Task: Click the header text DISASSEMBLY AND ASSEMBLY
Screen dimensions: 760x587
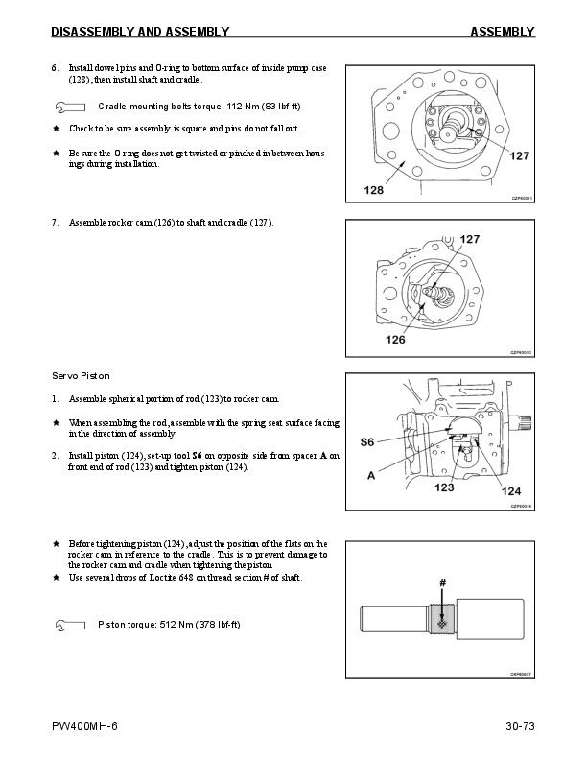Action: (140, 32)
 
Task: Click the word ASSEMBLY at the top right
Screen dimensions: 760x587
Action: (502, 32)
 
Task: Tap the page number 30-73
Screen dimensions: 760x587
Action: (519, 726)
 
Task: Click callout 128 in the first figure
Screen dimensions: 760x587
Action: (372, 189)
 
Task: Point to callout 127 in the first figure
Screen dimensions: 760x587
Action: (519, 155)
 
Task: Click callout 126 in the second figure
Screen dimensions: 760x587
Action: (395, 339)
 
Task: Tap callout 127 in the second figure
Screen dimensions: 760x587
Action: (470, 238)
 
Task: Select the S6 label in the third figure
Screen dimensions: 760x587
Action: (366, 442)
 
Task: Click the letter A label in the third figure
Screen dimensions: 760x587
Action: (370, 475)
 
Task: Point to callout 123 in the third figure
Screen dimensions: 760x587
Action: (443, 487)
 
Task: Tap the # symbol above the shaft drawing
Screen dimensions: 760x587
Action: (442, 582)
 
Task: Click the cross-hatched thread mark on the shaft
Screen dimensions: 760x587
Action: (442, 622)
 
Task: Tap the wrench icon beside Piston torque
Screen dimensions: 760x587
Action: (70, 625)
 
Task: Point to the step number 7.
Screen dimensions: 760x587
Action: (55, 223)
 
